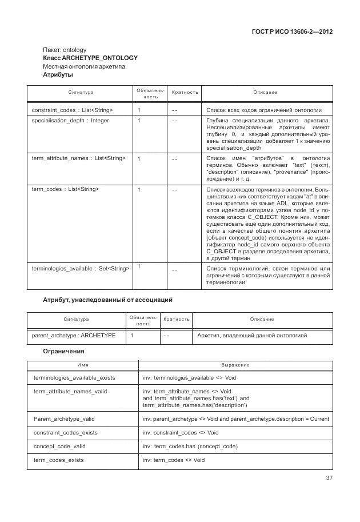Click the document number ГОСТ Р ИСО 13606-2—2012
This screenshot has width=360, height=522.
coord(291,32)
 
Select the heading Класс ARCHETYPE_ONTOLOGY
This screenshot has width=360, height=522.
coord(90,58)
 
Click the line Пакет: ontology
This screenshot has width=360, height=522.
coord(65,50)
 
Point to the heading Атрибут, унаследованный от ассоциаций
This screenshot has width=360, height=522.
coord(108,300)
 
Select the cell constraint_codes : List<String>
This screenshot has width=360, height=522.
coord(72,110)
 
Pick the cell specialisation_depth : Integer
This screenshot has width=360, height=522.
coord(70,121)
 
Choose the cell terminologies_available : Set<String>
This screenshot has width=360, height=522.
coord(81,268)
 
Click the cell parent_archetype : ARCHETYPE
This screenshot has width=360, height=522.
coord(74,336)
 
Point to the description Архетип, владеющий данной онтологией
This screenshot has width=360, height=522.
coord(252,336)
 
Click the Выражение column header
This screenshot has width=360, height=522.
coord(235,365)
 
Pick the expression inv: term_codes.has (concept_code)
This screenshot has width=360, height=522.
coord(190,446)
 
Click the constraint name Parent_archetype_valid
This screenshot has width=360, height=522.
coord(64,419)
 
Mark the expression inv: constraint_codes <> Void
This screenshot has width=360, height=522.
coord(181,432)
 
